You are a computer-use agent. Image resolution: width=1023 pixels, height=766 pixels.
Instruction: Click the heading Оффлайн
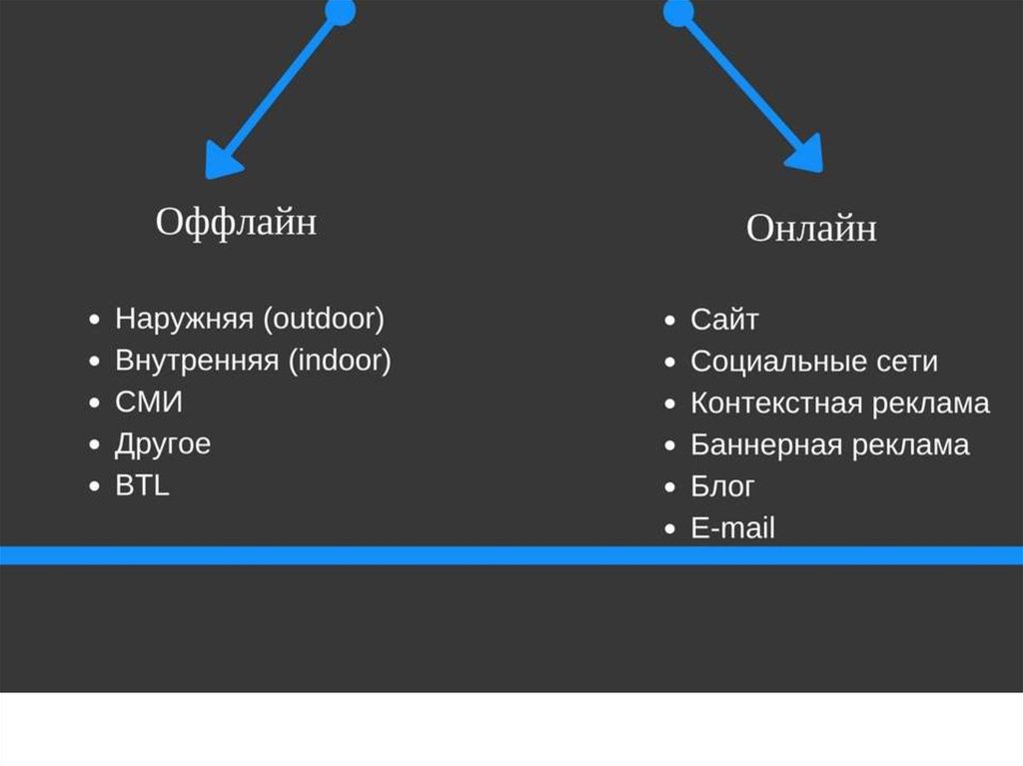coord(236,222)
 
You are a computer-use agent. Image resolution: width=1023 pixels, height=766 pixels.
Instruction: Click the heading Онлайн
coord(811,229)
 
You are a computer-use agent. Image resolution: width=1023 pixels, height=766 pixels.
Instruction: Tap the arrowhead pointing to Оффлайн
coord(223,160)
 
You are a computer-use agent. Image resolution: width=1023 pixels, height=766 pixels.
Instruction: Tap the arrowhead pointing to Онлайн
coord(804,155)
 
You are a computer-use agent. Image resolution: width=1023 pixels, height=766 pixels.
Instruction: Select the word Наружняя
coord(186,320)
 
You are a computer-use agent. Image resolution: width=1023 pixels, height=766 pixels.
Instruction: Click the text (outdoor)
coord(324,320)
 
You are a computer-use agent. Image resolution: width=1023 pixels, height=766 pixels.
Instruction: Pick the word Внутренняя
coord(197,361)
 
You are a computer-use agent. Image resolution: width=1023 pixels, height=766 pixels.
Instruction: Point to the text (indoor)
coord(340,361)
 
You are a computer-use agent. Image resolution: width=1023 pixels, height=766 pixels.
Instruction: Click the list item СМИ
coord(149,402)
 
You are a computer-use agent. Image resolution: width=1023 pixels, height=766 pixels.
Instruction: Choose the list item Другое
coord(163,444)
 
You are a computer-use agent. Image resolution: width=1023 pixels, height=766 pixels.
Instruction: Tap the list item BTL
coord(142,486)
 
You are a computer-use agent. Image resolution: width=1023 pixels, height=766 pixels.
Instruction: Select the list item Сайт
coord(724,320)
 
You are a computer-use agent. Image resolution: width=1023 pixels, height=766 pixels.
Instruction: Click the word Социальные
coord(768,362)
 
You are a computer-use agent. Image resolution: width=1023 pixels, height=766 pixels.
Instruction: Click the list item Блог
coord(722,486)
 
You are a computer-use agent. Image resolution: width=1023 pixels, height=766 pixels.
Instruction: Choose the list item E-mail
coord(732,528)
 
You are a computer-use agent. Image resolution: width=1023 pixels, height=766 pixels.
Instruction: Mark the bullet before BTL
coord(94,487)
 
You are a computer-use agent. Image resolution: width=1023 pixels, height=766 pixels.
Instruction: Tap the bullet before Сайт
coord(670,321)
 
